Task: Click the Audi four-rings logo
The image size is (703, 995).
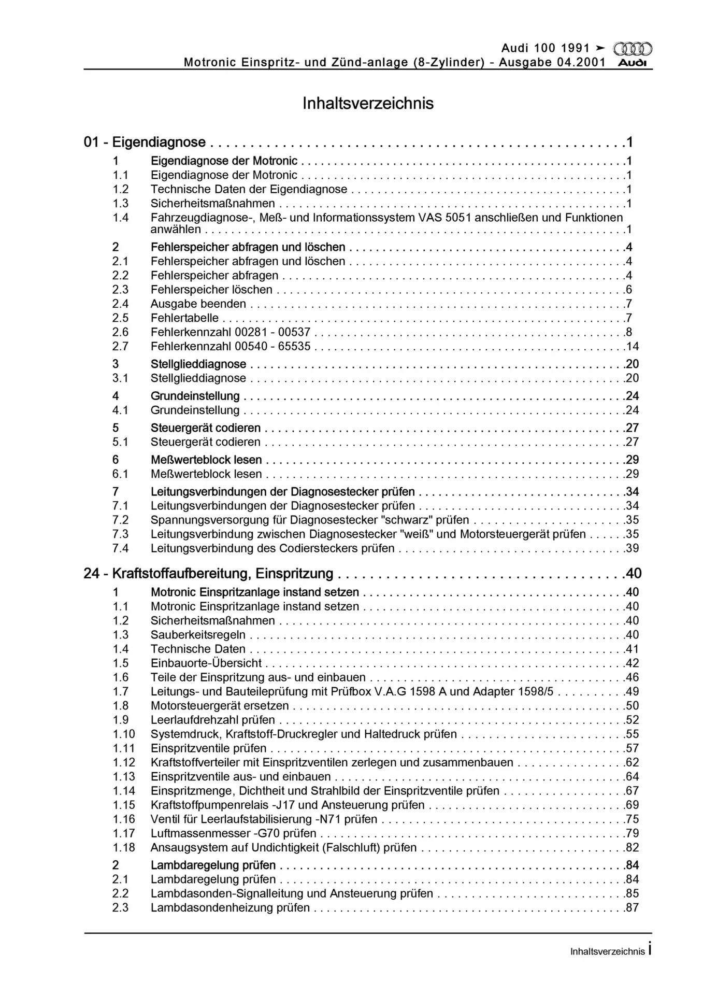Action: click(632, 49)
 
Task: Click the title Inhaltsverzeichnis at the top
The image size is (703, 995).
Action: click(368, 103)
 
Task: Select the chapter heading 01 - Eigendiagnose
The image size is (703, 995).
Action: click(145, 142)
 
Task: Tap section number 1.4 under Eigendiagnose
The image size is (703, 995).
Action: click(121, 218)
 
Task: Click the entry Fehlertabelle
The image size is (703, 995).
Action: click(184, 318)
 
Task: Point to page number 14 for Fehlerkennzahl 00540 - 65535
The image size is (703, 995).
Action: click(632, 347)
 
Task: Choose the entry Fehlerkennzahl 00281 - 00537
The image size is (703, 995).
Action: click(231, 332)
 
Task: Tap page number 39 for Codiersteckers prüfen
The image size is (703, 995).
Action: click(632, 548)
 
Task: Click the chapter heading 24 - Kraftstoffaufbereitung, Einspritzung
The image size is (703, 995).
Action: click(208, 573)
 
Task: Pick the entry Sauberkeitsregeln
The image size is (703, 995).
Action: click(198, 635)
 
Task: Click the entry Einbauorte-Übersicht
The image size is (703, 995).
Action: click(206, 663)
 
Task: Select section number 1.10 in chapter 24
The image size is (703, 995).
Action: click(124, 734)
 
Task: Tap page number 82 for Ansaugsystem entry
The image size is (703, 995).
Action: click(632, 848)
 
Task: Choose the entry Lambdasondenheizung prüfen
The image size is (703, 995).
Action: click(230, 908)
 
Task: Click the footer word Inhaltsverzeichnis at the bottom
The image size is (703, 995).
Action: click(607, 951)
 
